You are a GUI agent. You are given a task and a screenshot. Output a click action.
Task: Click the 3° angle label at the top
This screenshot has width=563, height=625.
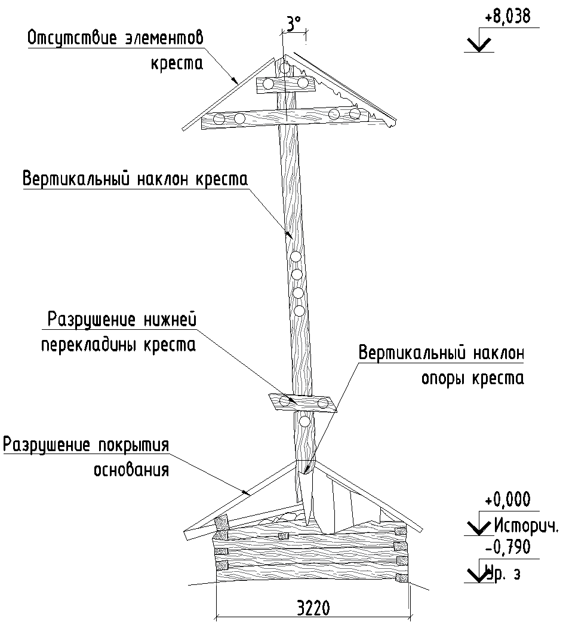point(293,24)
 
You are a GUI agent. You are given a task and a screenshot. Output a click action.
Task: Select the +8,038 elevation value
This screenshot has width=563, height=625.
point(507,17)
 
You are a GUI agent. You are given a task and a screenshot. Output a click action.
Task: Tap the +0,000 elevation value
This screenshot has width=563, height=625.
point(507,500)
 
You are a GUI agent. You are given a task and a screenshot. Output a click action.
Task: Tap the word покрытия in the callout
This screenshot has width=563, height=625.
point(133,445)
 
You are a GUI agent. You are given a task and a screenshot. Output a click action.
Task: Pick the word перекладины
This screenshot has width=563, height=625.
point(90,345)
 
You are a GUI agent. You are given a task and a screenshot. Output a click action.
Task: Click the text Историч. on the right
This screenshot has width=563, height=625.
point(526,526)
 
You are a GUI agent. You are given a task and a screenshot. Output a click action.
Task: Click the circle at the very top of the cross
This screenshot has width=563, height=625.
point(285,68)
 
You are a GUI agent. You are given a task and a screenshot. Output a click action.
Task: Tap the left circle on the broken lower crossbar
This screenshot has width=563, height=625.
point(285,401)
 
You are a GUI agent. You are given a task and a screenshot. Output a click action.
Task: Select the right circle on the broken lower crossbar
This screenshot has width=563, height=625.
point(323,403)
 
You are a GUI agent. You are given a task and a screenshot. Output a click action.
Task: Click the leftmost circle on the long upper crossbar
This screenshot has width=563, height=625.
point(219,120)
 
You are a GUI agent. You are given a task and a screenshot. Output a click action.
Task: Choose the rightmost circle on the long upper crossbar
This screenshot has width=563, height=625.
point(355,114)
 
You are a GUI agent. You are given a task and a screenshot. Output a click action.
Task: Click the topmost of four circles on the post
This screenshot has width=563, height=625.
point(295,257)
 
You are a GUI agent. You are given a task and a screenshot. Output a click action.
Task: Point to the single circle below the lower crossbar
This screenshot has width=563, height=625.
point(304,421)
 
